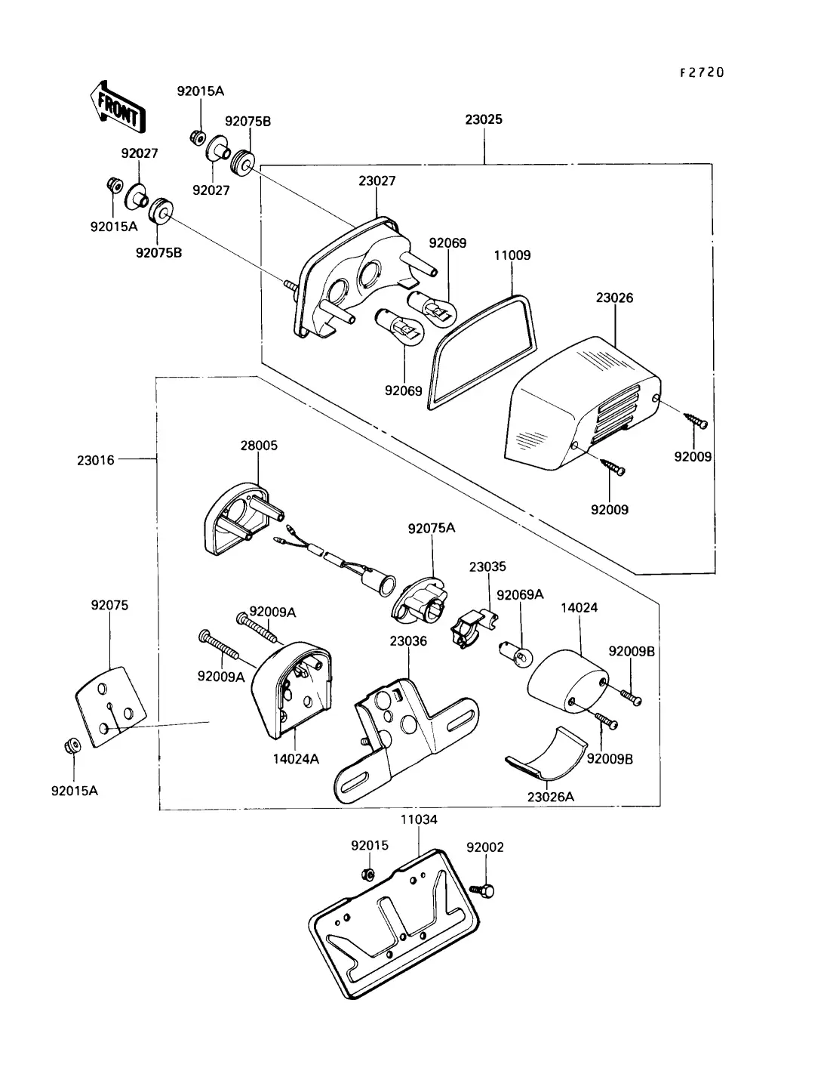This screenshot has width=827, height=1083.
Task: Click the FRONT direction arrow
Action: (x=118, y=107)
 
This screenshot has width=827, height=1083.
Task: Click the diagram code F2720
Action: (x=702, y=73)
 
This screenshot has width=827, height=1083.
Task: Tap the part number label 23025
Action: (x=484, y=119)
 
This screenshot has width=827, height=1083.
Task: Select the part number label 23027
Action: (x=377, y=181)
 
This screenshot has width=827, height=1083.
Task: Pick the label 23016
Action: (x=95, y=461)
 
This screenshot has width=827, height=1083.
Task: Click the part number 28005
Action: (x=259, y=446)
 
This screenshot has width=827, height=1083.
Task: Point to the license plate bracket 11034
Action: (x=393, y=927)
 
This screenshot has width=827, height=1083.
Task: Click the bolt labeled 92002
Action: (x=482, y=890)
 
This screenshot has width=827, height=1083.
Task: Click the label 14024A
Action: (x=296, y=759)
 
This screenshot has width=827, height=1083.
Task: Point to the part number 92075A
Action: (x=432, y=529)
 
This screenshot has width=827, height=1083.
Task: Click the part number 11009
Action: (x=512, y=255)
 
